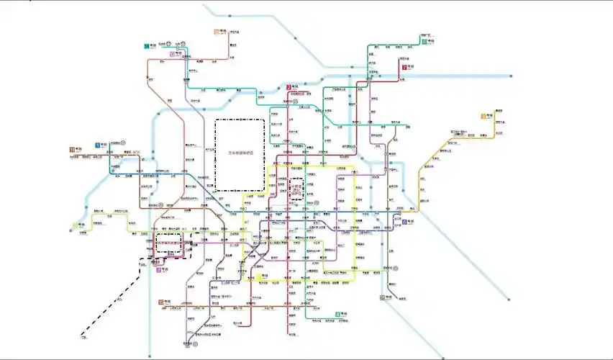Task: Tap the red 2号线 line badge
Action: click(288, 87)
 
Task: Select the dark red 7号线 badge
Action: click(404, 66)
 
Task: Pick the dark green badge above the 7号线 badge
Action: click(423, 41)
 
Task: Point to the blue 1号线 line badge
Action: click(97, 145)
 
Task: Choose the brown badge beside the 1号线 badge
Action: click(71, 150)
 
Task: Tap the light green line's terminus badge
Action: click(75, 225)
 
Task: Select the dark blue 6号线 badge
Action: click(404, 222)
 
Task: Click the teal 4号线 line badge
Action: click(337, 315)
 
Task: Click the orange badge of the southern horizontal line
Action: click(160, 302)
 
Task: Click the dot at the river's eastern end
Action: click(511, 76)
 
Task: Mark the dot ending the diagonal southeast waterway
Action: click(509, 299)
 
